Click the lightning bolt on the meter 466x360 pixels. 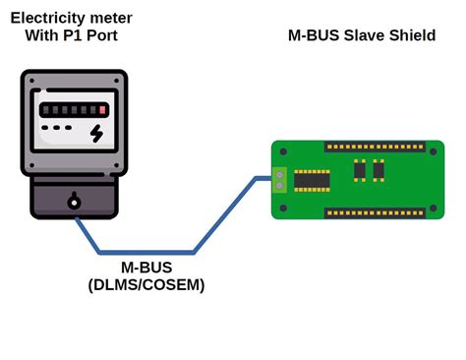tap(96, 133)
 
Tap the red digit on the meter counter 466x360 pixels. tap(102, 109)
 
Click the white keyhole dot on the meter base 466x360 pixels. tap(74, 203)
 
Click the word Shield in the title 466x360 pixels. tap(412, 35)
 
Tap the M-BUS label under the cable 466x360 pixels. tap(146, 268)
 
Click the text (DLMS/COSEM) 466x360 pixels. tap(146, 285)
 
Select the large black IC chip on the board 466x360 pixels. tap(312, 180)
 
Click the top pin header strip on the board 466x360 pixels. tap(375, 148)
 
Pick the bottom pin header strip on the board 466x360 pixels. tap(375, 212)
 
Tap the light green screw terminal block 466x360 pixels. tap(279, 180)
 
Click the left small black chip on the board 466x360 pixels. tap(360, 170)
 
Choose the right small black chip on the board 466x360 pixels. tap(379, 170)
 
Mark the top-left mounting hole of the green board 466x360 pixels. tap(283, 151)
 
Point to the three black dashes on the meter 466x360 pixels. tap(56, 129)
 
